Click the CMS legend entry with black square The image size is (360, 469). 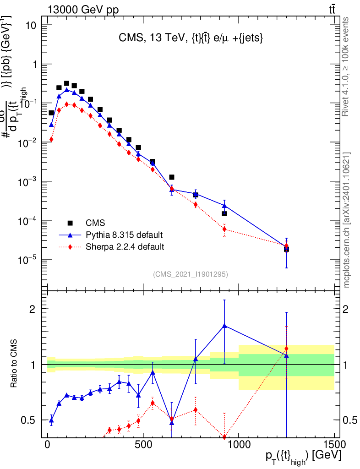tap(95, 223)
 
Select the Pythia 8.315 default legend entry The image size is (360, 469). tap(124, 235)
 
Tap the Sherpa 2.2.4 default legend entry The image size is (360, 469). tap(125, 247)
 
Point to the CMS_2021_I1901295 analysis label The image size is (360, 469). tap(191, 274)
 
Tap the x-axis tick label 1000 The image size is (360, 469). tap(238, 445)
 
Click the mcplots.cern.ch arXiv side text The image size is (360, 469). tap(347, 220)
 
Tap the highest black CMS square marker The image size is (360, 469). tap(66, 83)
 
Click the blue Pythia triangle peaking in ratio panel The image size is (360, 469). tap(224, 325)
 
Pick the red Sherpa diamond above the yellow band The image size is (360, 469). tap(286, 349)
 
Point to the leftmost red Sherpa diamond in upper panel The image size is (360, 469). tap(51, 139)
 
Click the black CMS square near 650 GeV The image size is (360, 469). tap(172, 177)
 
